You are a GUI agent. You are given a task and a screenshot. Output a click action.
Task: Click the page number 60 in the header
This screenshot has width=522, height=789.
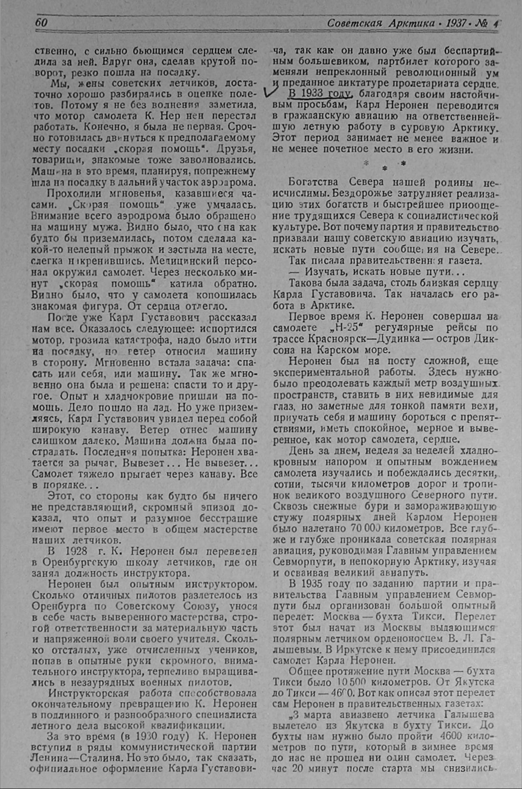pyautogui.click(x=41, y=23)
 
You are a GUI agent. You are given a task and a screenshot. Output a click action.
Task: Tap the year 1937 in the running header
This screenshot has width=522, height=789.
pyautogui.click(x=456, y=23)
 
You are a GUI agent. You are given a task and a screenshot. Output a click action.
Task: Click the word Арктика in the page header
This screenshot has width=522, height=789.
pyautogui.click(x=411, y=23)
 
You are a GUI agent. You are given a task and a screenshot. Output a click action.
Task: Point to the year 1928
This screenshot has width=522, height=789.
pyautogui.click(x=76, y=551)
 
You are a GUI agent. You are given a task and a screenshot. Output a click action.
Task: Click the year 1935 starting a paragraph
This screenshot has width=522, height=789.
pyautogui.click(x=311, y=584)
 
